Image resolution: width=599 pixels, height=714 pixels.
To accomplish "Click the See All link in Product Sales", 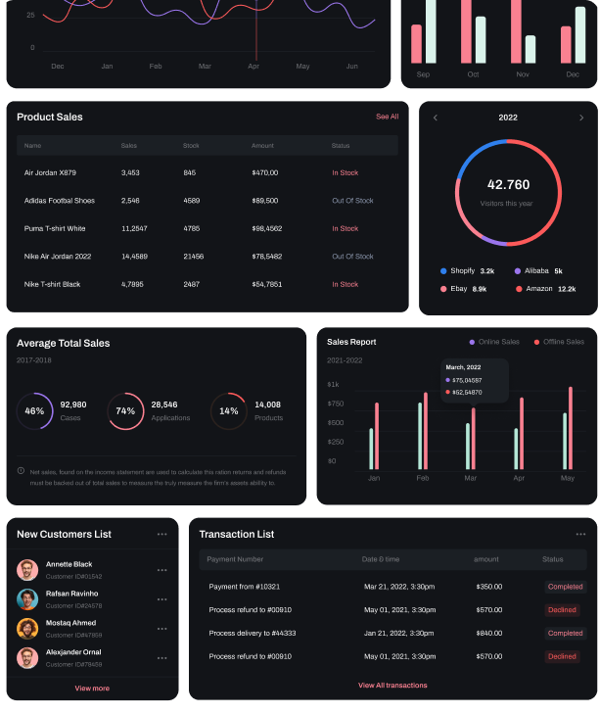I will (387, 117).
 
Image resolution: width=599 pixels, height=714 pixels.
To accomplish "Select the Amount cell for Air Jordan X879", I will (264, 172).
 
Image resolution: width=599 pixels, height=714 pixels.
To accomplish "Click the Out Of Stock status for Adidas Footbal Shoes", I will (352, 201).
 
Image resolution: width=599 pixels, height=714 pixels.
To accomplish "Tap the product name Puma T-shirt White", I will (55, 228).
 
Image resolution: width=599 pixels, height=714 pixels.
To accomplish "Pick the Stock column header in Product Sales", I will (191, 146).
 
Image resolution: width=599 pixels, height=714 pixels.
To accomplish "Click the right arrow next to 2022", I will (580, 118).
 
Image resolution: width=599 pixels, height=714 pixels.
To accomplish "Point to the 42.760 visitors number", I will (508, 184).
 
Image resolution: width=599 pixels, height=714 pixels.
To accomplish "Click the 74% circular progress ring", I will (125, 411).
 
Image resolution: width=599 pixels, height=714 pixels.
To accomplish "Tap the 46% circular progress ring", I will (35, 411).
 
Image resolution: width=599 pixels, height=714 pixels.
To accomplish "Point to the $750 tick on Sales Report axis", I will (336, 404).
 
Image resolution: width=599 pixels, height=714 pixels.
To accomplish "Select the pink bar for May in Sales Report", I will (571, 428).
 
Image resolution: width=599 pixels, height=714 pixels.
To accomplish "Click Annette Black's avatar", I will (27, 570).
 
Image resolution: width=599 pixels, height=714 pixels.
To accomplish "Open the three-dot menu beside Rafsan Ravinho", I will (161, 599).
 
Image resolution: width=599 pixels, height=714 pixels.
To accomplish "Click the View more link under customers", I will (92, 689).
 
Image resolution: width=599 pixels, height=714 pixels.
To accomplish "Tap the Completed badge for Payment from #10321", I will (565, 587).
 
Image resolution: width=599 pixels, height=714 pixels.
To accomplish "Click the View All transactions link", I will (392, 686).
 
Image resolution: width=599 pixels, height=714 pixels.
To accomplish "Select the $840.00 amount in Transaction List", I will (488, 633).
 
